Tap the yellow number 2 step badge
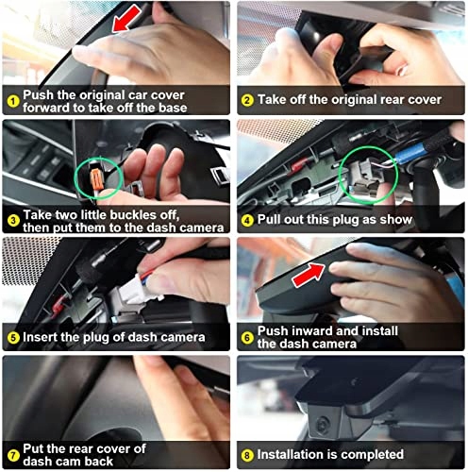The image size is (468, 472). click(247, 98)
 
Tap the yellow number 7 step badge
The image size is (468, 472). click(12, 455)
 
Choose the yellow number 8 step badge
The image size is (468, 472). click(247, 454)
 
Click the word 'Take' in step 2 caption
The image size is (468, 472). click(274, 98)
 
